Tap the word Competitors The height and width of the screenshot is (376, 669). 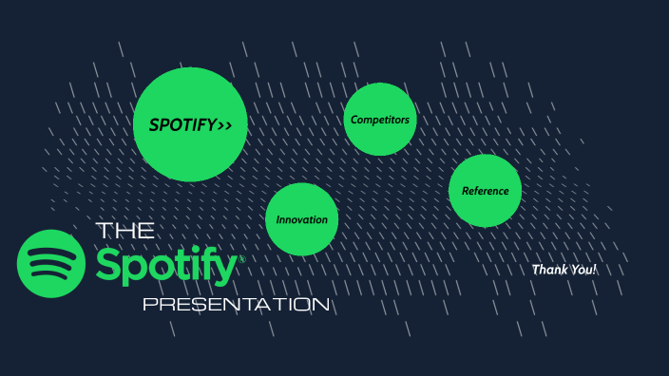pyautogui.click(x=380, y=120)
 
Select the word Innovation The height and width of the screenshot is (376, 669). pyautogui.click(x=302, y=219)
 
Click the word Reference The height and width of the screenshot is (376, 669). pyautogui.click(x=485, y=191)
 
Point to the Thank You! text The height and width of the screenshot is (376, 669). pyautogui.click(x=564, y=270)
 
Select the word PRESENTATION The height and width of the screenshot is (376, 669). pyautogui.click(x=236, y=305)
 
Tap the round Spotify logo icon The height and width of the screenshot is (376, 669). pyautogui.click(x=50, y=263)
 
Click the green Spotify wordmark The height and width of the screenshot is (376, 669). pyautogui.click(x=165, y=267)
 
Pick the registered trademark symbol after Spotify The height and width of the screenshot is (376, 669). pyautogui.click(x=241, y=258)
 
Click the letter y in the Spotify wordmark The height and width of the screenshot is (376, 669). pyautogui.click(x=224, y=272)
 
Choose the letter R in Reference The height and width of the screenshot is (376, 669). pyautogui.click(x=466, y=191)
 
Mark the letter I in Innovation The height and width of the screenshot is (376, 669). pyautogui.click(x=278, y=219)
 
